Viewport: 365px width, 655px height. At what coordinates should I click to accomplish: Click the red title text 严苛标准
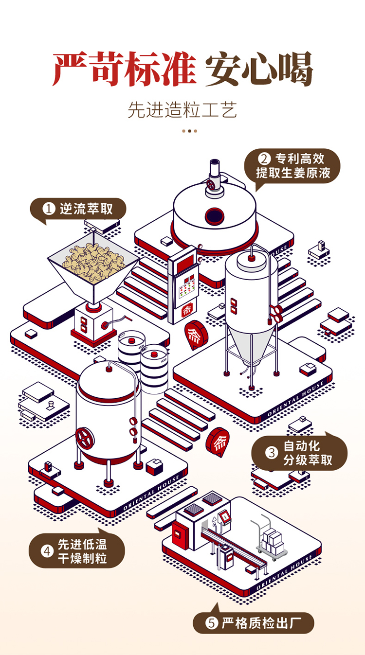pyautogui.click(x=124, y=69)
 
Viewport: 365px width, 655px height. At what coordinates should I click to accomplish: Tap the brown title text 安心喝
pyautogui.click(x=259, y=69)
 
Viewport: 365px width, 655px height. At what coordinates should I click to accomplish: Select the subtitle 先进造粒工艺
pyautogui.click(x=182, y=110)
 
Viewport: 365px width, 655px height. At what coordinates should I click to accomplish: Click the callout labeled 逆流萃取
pyautogui.click(x=78, y=209)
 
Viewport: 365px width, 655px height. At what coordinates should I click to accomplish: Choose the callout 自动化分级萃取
pyautogui.click(x=299, y=453)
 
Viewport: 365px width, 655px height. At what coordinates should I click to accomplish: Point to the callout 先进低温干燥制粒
pyautogui.click(x=77, y=551)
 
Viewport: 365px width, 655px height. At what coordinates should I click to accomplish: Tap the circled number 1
pyautogui.click(x=49, y=209)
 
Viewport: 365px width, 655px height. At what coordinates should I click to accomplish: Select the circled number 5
pyautogui.click(x=212, y=623)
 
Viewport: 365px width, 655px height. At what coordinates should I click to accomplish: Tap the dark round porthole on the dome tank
pyautogui.click(x=215, y=216)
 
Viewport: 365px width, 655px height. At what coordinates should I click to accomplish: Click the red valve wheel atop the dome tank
pyautogui.click(x=210, y=184)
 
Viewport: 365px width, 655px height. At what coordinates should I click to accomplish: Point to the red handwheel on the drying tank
pyautogui.click(x=85, y=438)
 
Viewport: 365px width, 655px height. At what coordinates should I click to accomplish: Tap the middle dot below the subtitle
pyautogui.click(x=189, y=131)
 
